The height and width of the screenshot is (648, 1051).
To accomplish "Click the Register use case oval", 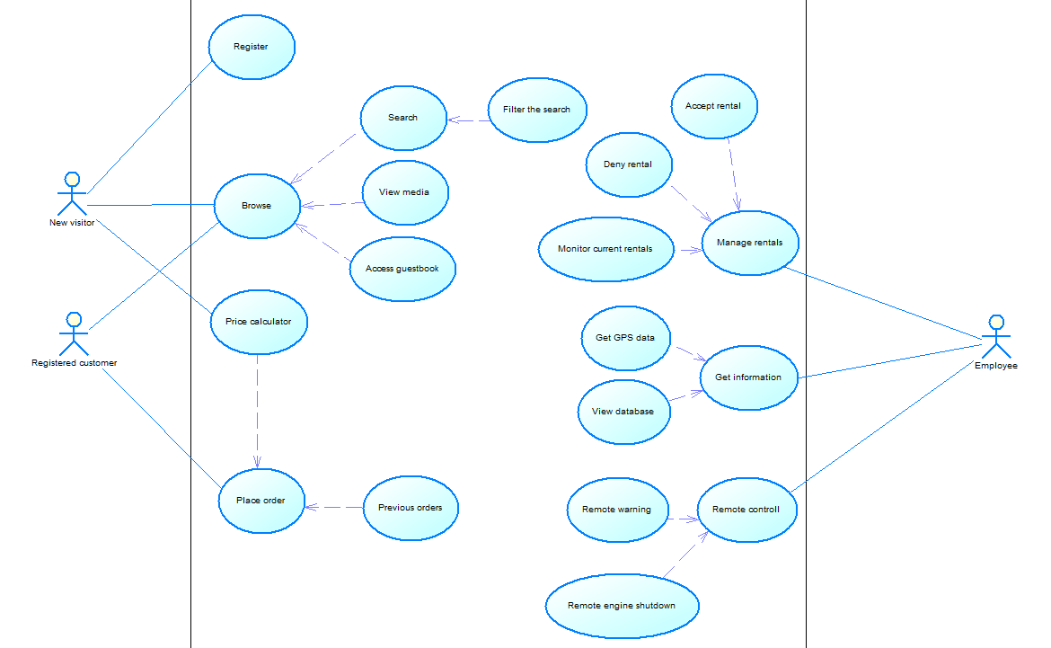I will (252, 47).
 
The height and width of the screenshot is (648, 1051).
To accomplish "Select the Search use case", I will (402, 118).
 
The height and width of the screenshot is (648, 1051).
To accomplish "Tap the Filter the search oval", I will (537, 110).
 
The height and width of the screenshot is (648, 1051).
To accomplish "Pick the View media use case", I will (404, 192).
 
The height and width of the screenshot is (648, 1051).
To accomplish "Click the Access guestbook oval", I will (402, 269).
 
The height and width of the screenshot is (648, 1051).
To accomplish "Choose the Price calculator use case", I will (259, 322).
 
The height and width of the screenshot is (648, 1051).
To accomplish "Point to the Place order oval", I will (261, 501).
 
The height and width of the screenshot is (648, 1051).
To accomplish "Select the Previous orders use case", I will (411, 508).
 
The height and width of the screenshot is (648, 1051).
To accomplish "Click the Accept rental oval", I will (714, 106).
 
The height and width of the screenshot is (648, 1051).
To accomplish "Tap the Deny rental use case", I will (628, 165).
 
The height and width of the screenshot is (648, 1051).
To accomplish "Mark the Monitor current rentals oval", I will (605, 249).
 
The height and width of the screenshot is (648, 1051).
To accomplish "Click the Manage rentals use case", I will (750, 243).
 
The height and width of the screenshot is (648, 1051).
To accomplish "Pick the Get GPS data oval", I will (626, 338).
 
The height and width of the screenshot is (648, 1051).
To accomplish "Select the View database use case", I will (623, 412).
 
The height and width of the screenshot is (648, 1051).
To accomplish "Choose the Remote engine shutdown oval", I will (622, 606).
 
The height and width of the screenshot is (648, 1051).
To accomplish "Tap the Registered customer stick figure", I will (74, 334).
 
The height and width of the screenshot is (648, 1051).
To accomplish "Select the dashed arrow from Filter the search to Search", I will (468, 120).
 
